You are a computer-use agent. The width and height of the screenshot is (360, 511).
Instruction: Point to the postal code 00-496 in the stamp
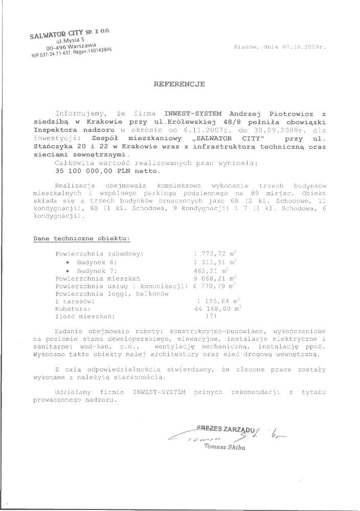60,50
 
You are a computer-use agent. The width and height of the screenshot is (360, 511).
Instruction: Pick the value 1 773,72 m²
215,253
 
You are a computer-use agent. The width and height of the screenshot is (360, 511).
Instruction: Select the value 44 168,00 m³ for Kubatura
217,309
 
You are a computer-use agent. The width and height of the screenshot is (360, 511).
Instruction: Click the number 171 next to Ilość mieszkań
211,317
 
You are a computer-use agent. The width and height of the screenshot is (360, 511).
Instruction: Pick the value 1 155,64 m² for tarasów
215,301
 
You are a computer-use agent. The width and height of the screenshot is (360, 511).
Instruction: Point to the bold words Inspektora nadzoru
64,130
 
